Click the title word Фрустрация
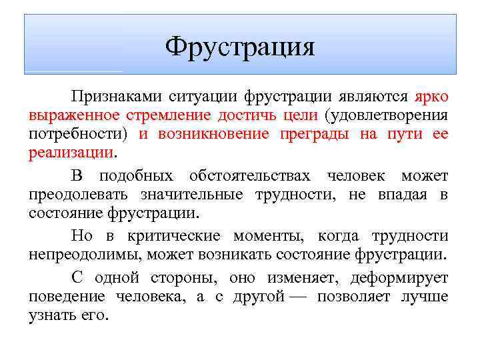click(240, 47)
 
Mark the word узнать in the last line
click(51, 316)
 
